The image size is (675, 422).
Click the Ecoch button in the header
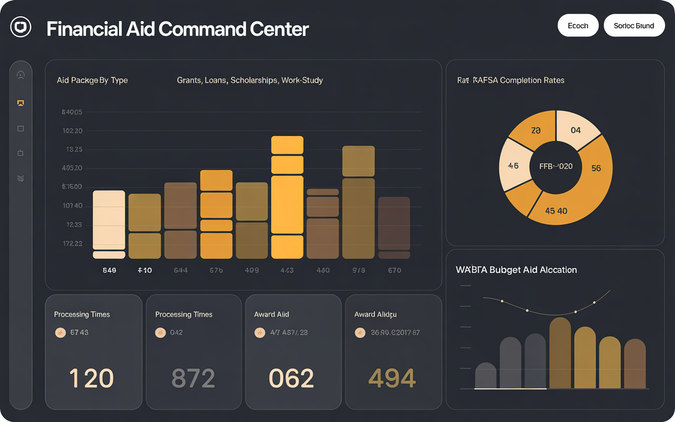click(578, 26)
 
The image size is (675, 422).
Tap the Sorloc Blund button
click(634, 26)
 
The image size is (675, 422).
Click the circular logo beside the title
click(21, 27)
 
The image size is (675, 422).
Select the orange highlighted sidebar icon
click(21, 103)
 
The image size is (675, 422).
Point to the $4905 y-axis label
click(72, 112)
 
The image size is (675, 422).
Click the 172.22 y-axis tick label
click(72, 244)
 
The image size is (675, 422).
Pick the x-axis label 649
click(109, 270)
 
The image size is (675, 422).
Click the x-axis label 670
click(394, 270)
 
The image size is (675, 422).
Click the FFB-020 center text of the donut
click(556, 166)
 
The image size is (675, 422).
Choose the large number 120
click(91, 378)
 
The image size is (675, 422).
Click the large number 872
click(193, 378)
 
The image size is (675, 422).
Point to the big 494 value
click(392, 378)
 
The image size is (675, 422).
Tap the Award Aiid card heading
click(272, 314)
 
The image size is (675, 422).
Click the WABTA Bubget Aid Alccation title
click(516, 270)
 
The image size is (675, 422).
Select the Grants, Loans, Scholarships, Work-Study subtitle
click(250, 80)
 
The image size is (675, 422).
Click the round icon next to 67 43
click(61, 332)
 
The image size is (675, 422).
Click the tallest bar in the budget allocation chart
click(560, 353)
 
